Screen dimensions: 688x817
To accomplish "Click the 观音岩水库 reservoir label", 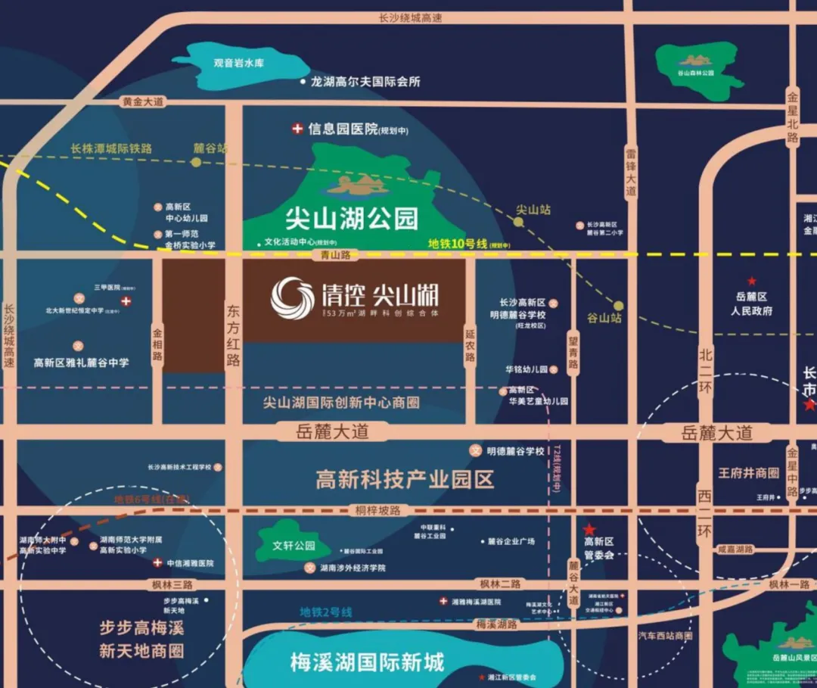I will click(x=238, y=64).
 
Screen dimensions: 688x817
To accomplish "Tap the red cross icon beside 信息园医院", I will click(x=297, y=129).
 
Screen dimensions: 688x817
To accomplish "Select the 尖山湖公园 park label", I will click(x=351, y=219).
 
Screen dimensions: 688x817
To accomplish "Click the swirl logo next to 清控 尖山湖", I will click(x=293, y=297).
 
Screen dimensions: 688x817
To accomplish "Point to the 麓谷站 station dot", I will click(x=196, y=161).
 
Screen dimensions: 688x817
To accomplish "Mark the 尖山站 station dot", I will click(x=519, y=222).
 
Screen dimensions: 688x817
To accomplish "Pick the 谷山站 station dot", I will click(x=619, y=305).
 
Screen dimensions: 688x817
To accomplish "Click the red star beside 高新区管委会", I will click(x=589, y=529).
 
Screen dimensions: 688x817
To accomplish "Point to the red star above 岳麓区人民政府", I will click(x=751, y=281).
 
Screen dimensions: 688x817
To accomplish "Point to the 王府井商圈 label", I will click(x=748, y=473).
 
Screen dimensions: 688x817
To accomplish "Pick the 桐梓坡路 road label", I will click(x=378, y=511).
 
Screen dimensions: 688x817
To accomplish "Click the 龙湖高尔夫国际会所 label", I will click(x=365, y=82).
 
